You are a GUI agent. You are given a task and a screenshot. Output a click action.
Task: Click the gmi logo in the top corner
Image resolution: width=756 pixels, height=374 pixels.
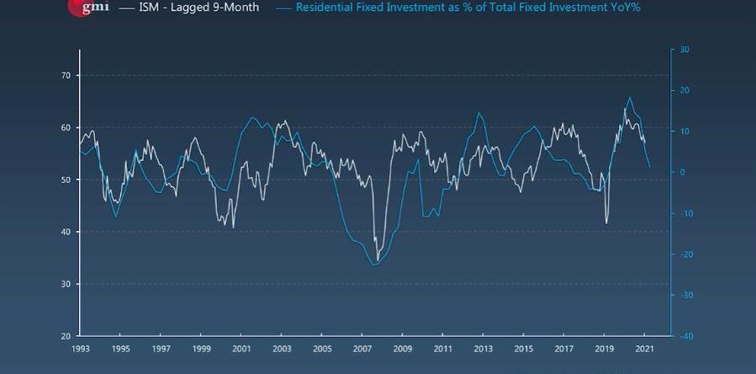click(x=87, y=7)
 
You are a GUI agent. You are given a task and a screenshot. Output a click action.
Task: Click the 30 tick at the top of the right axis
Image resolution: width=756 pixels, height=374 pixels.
click(x=684, y=50)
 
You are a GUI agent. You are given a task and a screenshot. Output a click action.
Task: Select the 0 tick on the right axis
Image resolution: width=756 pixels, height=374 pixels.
click(x=682, y=173)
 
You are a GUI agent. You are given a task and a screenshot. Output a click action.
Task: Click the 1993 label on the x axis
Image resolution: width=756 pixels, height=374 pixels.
click(x=81, y=348)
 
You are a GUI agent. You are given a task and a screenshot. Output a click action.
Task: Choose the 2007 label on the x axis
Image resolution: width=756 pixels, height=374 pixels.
click(x=362, y=348)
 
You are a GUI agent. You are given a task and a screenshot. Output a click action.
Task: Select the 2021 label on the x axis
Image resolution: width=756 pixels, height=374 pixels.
click(x=644, y=348)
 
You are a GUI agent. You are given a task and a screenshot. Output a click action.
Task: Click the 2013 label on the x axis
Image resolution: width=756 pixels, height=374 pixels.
click(x=483, y=348)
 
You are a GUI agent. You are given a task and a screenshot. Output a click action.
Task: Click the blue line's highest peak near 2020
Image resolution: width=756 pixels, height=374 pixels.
click(x=630, y=97)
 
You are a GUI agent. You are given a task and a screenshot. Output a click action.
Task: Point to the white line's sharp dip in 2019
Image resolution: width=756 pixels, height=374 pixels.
click(x=606, y=223)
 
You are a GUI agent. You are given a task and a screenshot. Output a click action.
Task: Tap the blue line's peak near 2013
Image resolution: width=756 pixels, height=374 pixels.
click(x=478, y=113)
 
